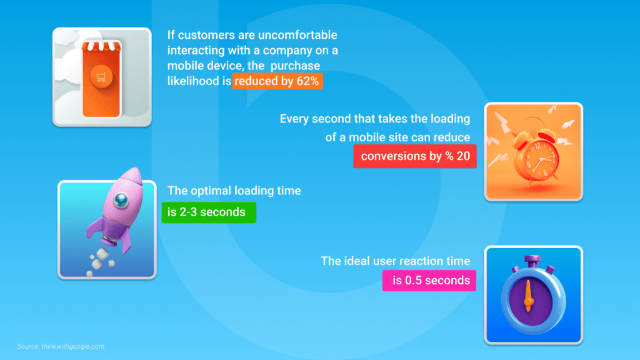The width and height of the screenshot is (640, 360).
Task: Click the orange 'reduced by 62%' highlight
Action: coord(277,81)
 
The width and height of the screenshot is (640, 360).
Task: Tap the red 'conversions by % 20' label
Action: coord(415,156)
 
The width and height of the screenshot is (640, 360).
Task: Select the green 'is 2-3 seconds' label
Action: coord(209,212)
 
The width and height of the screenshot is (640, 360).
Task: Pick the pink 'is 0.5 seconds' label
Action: coord(429,281)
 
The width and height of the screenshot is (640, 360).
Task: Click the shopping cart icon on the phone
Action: coord(101,77)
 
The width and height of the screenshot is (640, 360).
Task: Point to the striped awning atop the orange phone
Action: coord(101,46)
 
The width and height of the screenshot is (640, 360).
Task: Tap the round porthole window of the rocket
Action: coord(121,199)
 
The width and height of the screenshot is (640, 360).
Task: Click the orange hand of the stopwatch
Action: coord(529,296)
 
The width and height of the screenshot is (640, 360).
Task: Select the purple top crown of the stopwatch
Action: coord(532,260)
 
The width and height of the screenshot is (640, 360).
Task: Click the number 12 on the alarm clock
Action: coord(537,146)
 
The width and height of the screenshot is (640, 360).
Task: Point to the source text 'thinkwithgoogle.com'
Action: coord(73,346)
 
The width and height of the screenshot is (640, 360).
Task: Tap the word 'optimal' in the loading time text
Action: coord(211,191)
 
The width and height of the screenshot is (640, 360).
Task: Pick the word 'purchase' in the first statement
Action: coord(295,66)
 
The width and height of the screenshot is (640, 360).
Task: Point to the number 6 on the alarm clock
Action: coord(545,174)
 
